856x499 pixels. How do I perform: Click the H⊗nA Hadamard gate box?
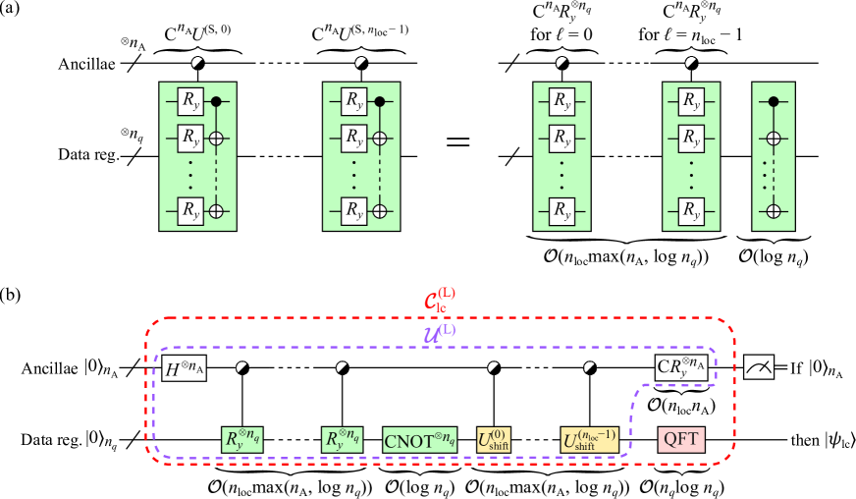tap(184, 368)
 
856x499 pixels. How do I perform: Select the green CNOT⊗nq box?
tap(419, 440)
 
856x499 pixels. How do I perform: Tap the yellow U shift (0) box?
tap(494, 440)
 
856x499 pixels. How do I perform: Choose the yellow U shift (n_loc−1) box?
tap(589, 440)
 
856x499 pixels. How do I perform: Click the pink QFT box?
tap(680, 440)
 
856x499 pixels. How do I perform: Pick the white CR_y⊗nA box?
tap(681, 368)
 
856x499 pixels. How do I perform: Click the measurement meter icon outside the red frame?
tap(759, 367)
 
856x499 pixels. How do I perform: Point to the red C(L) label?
tap(440, 301)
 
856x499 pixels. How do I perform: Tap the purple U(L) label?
tap(439, 333)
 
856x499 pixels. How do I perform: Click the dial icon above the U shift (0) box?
tap(494, 367)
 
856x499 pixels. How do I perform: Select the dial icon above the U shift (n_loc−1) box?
tap(589, 367)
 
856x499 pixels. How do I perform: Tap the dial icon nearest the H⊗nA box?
tap(241, 367)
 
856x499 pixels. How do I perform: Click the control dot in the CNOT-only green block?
tap(774, 101)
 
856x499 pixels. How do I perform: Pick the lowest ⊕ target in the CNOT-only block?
tap(774, 210)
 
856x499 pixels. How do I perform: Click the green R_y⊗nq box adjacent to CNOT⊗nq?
tap(342, 440)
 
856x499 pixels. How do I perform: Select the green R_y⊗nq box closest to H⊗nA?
tap(241, 440)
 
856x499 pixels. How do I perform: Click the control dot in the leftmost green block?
tap(216, 101)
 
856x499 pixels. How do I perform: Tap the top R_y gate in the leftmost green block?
tap(189, 101)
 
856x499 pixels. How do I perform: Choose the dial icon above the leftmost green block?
tap(198, 64)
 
